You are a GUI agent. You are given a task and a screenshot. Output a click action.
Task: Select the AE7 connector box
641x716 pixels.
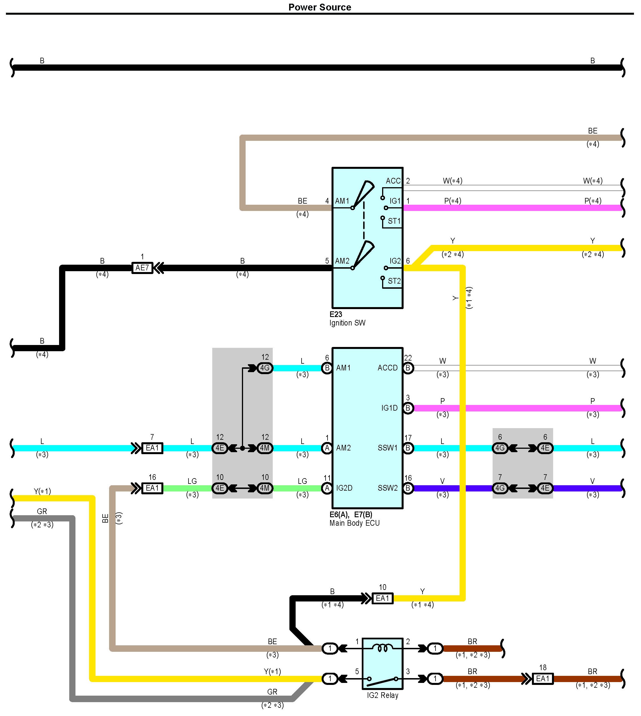(142, 268)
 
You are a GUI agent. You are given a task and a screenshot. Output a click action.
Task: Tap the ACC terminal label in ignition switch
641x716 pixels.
(393, 181)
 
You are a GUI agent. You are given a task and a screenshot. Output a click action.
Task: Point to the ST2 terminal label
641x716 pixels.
(394, 281)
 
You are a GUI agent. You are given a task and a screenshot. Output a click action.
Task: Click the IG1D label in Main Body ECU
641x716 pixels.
(389, 408)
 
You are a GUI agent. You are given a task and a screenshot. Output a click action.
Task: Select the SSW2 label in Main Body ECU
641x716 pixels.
(387, 488)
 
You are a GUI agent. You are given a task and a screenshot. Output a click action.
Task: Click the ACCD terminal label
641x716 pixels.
(387, 368)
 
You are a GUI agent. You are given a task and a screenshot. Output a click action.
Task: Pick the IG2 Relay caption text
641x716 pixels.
(382, 696)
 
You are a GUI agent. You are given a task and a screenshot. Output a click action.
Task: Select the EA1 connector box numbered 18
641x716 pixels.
(543, 679)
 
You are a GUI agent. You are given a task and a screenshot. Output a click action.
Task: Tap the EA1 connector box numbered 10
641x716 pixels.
(382, 598)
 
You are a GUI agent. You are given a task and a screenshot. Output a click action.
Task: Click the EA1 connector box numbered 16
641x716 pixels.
(152, 488)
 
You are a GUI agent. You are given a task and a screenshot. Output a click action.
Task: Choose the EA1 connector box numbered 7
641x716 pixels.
(152, 448)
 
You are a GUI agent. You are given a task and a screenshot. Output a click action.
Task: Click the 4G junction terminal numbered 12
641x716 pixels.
(265, 368)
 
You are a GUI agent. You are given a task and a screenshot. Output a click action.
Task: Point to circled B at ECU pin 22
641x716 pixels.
(408, 368)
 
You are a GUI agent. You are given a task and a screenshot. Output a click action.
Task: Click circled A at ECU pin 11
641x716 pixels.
(327, 488)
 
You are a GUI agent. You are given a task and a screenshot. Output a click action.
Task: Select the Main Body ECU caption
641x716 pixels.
(354, 523)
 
